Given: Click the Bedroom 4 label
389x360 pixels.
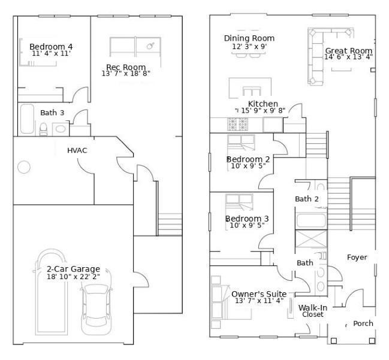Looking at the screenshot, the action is (51, 47).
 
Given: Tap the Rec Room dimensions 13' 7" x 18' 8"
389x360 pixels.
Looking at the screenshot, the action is (126, 74).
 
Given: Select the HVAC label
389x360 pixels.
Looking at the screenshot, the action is (77, 150).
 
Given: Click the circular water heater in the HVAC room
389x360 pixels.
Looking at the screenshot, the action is (24, 167).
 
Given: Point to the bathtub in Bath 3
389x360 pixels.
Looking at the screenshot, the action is (28, 119).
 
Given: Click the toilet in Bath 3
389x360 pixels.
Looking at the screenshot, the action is (43, 129).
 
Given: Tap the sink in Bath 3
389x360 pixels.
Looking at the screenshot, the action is (61, 129).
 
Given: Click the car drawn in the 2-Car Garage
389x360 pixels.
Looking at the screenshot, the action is (96, 309).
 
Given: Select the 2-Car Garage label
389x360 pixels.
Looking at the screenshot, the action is (74, 269).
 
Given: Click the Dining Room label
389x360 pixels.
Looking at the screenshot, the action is (249, 38).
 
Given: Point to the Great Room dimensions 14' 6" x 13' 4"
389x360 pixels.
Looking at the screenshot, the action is (349, 57).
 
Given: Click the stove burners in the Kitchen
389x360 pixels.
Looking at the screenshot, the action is (238, 124).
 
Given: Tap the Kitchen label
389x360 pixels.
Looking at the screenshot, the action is (263, 104).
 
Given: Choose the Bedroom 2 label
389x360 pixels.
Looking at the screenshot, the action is (248, 159).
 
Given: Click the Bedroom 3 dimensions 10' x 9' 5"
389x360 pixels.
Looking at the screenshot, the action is (247, 225).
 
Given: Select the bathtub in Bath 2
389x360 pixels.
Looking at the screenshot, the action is (311, 220).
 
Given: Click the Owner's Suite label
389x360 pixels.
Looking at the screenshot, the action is (259, 294).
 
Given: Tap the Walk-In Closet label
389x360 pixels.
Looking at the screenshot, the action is (313, 311).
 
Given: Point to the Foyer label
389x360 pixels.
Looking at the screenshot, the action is (357, 258).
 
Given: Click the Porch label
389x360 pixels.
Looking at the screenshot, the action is (363, 323).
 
